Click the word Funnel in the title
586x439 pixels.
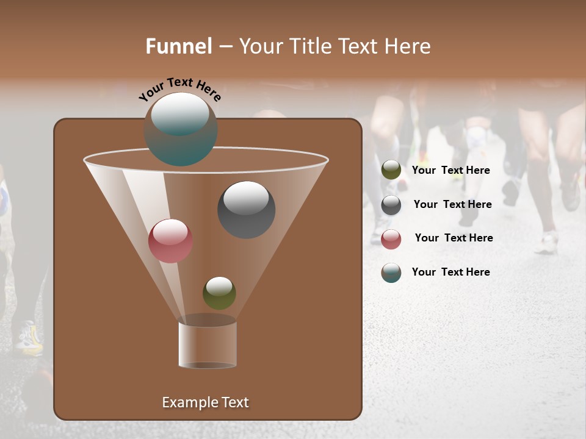[178, 46]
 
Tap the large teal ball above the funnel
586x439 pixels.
[181, 129]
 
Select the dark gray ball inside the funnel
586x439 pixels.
[246, 210]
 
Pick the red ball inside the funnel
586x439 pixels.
[170, 241]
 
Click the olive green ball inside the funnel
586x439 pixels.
[219, 293]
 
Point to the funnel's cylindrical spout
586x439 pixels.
[208, 344]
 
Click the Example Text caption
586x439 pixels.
[205, 402]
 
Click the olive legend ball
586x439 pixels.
[391, 170]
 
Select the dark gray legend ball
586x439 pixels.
[391, 205]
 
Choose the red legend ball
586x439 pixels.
[391, 239]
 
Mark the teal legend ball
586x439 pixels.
[391, 273]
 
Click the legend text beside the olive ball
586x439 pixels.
[450, 170]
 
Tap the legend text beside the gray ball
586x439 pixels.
[452, 204]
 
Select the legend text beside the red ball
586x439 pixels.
[454, 238]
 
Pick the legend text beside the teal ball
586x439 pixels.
[450, 272]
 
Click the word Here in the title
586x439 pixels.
[407, 46]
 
